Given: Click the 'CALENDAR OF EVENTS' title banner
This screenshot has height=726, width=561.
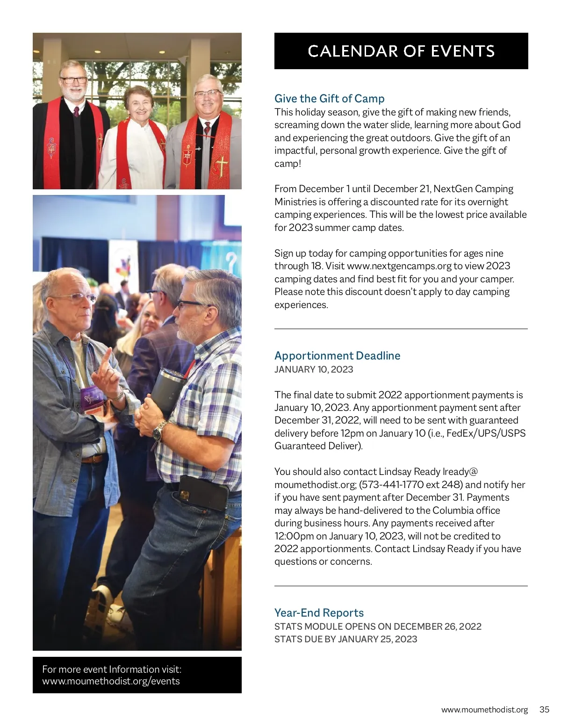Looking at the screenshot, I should [x=401, y=51].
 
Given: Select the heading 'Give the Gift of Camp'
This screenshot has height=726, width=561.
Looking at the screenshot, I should [x=330, y=99].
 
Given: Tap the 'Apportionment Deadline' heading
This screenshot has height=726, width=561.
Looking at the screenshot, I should [x=337, y=356].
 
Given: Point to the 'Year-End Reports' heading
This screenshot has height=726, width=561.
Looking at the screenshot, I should [x=319, y=613].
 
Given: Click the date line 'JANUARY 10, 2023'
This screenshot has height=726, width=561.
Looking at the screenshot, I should [x=314, y=369].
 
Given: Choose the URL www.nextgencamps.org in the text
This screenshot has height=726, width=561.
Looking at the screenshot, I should [x=399, y=266].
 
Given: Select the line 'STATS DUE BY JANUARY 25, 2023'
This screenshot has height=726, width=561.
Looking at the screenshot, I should [x=345, y=639].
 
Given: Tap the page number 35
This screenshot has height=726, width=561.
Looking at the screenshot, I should [x=544, y=710].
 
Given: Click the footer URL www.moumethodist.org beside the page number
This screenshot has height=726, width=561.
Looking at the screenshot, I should [x=484, y=710].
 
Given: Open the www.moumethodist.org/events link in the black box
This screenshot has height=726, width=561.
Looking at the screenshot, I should [x=111, y=681].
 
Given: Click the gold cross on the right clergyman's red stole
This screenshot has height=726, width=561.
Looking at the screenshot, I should [x=222, y=165].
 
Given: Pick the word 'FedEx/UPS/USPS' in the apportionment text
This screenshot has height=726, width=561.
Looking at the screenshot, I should [x=486, y=433].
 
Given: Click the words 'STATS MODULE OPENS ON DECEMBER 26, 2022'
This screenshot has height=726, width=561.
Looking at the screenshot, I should [x=378, y=626].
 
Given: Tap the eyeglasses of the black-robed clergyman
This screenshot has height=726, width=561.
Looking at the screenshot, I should [x=73, y=80].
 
